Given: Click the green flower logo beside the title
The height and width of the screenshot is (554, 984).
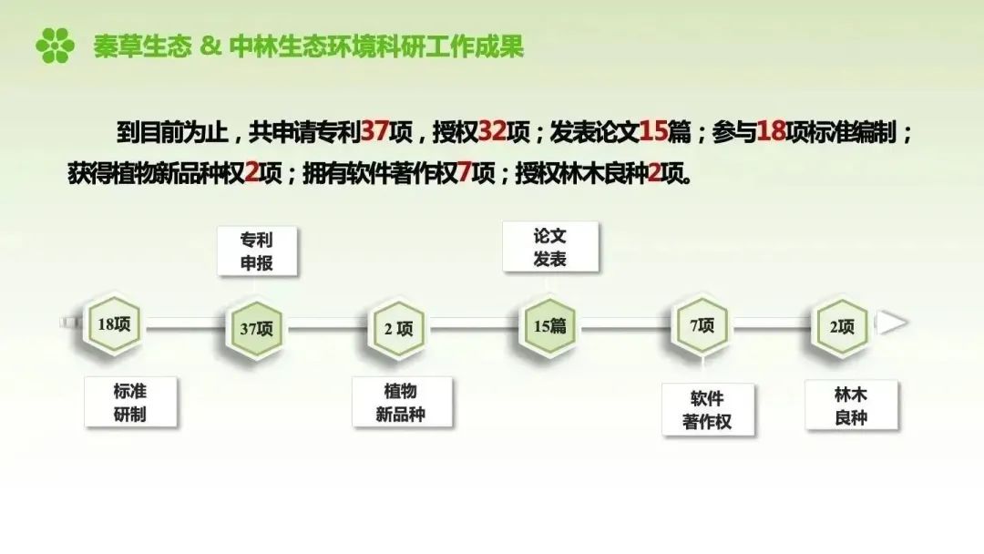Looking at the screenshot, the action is pos(56,46).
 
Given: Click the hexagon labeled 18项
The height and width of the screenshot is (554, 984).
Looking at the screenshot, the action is pos(114,324).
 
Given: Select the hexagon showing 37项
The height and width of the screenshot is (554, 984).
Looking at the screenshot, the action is pos(255,328).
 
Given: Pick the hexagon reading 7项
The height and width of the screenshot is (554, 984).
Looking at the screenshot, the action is pos(701,325).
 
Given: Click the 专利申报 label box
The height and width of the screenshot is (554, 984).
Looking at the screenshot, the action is pos(257,251).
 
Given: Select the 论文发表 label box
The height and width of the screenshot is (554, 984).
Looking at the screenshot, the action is pos(550,247).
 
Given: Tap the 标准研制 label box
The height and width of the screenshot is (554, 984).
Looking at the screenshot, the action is pos(130,402).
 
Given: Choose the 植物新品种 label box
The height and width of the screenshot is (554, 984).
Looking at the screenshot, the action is pos(402,402).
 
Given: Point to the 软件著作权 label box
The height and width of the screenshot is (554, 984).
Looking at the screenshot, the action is pos(708,410).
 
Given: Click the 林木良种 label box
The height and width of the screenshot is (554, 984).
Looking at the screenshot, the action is pos(852,405).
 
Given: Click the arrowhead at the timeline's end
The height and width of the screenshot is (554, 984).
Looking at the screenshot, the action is pos(892,323).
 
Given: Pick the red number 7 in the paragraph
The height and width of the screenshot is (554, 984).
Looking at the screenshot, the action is pos(464,172).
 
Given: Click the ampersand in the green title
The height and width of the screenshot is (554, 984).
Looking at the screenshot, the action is pos(210,46).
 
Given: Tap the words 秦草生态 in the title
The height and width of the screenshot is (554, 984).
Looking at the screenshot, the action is pos(142,46).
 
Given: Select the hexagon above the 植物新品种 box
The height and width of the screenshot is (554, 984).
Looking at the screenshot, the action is pos(398,328).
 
